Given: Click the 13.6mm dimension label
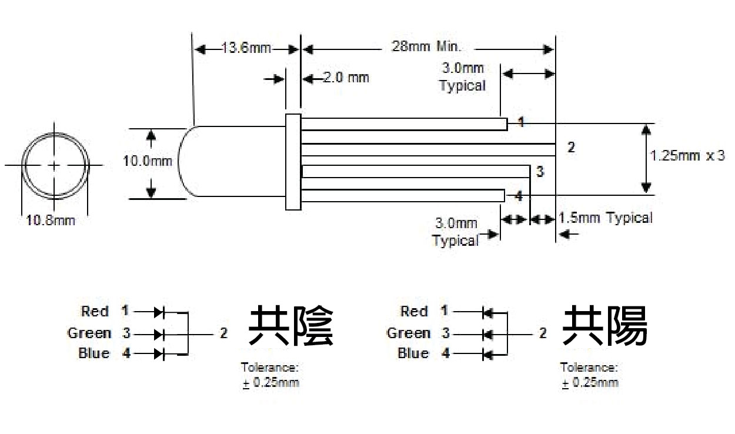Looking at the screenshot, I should (x=246, y=48).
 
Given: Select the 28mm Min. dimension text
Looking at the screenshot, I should (x=427, y=46).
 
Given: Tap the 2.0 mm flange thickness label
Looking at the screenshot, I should (x=346, y=77).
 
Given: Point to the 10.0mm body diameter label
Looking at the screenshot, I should (x=148, y=161).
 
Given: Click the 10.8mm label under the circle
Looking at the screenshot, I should (x=51, y=221).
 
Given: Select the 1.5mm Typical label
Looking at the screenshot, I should (x=606, y=218).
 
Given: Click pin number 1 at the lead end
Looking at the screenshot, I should (x=520, y=122).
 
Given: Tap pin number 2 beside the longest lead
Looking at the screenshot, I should (x=570, y=147).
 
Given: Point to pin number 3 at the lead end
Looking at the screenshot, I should (x=540, y=172).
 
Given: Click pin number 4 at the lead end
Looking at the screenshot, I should (x=518, y=196).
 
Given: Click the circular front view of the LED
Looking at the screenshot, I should (x=55, y=165).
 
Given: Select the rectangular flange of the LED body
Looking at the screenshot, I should (x=293, y=162).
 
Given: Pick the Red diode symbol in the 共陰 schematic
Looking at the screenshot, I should (x=159, y=311).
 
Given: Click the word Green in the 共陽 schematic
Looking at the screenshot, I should (x=408, y=333).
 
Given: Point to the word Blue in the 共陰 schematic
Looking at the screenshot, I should (x=93, y=353).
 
